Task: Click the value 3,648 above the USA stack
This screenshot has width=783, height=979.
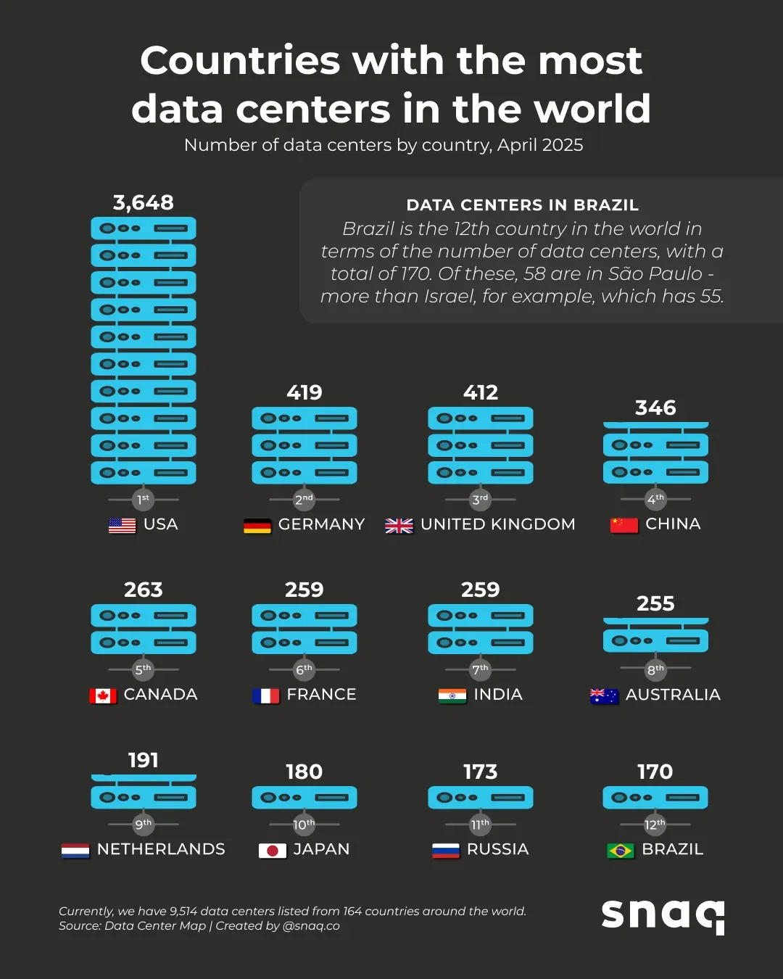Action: click(x=144, y=202)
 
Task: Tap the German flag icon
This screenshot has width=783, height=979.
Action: click(x=257, y=526)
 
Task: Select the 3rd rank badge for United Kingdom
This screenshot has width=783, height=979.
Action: click(x=480, y=499)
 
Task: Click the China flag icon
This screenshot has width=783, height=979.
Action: click(x=624, y=525)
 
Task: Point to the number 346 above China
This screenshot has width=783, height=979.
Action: click(x=655, y=408)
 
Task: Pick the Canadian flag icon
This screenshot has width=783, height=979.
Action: click(x=103, y=696)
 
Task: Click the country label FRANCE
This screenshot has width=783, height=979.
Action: click(x=321, y=695)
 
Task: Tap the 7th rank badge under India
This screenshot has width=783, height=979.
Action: click(x=480, y=669)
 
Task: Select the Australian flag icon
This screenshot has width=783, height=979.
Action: click(x=604, y=696)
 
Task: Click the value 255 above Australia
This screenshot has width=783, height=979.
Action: click(x=655, y=603)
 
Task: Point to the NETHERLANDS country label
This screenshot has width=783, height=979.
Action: click(x=161, y=849)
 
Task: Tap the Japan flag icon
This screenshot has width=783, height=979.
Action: click(x=273, y=851)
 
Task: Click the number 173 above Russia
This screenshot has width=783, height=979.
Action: click(x=480, y=772)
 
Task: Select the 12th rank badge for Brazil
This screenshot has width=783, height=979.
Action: click(x=655, y=825)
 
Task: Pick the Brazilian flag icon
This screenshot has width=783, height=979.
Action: click(x=621, y=851)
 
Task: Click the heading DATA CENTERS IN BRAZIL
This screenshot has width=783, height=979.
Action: click(x=522, y=205)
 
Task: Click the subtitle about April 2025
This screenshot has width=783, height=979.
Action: click(x=384, y=145)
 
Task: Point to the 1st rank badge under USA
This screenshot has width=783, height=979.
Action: click(x=144, y=499)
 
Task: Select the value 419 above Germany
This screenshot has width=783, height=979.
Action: click(x=304, y=392)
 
